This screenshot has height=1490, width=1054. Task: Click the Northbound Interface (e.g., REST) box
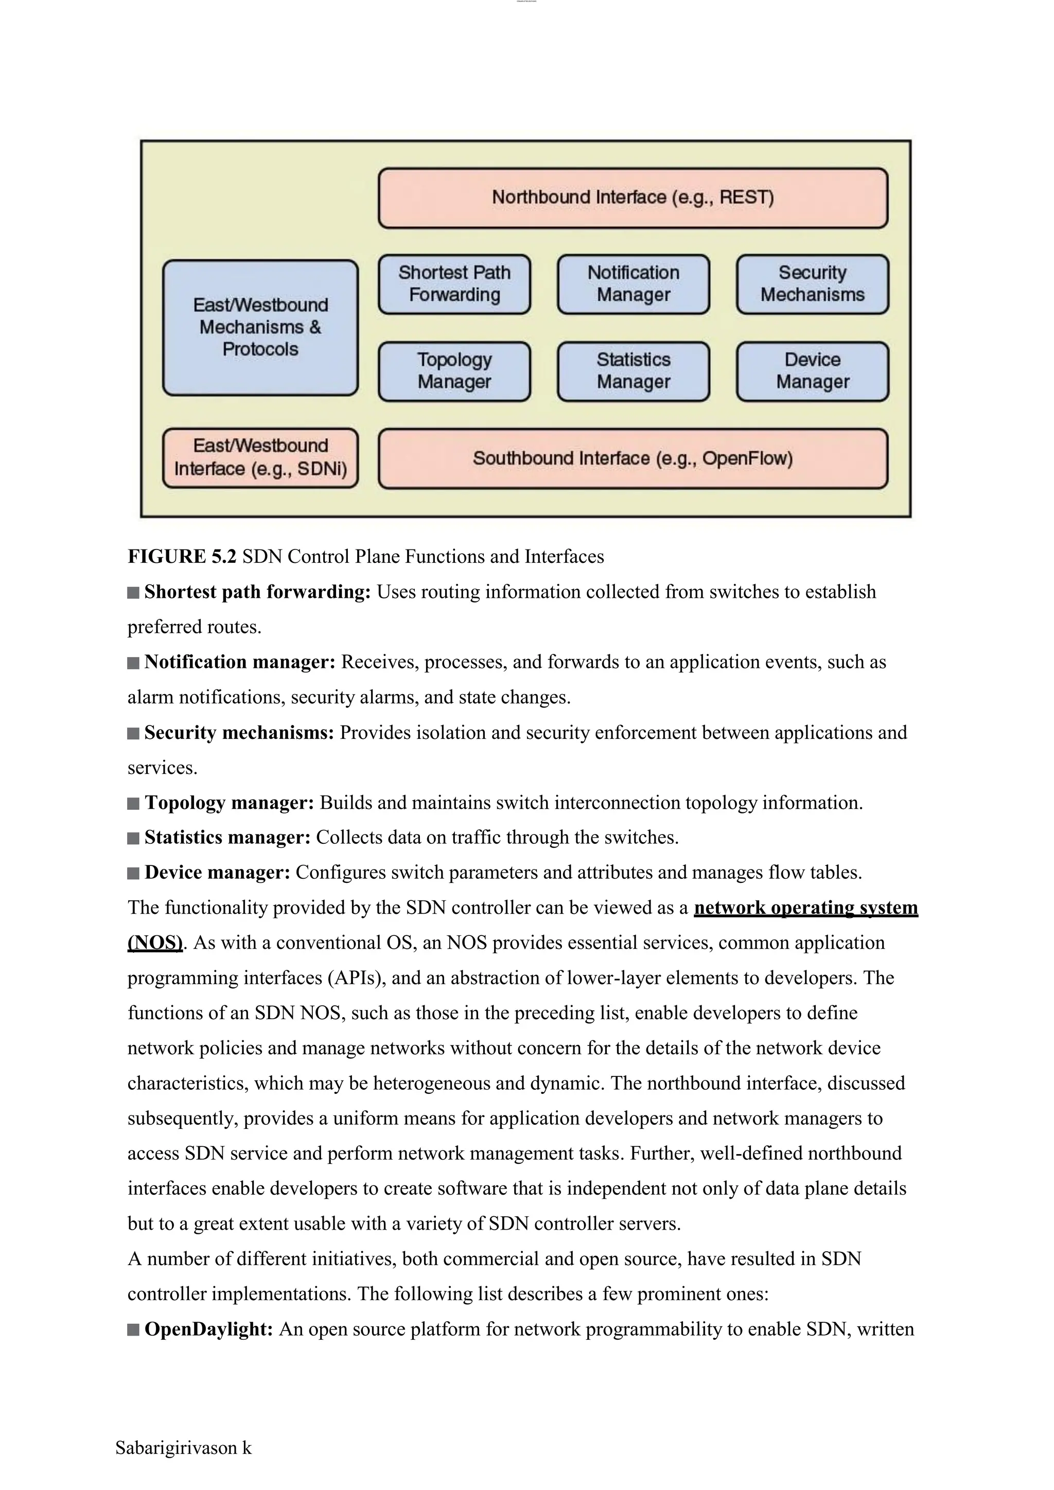point(633,198)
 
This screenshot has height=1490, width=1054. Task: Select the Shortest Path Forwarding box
point(454,284)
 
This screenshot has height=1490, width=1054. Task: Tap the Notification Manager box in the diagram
point(634,284)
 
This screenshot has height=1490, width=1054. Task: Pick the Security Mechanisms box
point(812,284)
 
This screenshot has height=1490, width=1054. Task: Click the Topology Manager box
point(454,371)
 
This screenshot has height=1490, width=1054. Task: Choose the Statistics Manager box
point(634,371)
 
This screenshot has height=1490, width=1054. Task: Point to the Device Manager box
point(812,371)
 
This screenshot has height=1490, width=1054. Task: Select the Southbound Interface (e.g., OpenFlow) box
point(633,458)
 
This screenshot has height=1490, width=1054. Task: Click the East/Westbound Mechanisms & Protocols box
point(260,328)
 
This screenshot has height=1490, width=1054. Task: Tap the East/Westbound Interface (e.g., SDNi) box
point(260,457)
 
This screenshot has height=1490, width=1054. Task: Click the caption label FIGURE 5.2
point(182,557)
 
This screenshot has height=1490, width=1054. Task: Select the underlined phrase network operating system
point(805,907)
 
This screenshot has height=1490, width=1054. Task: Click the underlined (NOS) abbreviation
point(155,942)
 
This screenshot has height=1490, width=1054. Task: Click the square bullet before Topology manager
point(134,804)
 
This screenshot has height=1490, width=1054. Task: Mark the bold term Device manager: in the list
point(217,872)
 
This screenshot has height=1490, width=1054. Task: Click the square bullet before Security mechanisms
point(134,733)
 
